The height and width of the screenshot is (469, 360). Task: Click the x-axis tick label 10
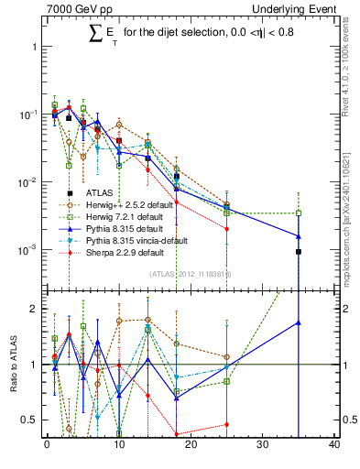tap(119, 445)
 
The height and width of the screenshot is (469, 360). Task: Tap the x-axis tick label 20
tap(191, 445)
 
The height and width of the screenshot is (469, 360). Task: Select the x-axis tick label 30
tap(262, 445)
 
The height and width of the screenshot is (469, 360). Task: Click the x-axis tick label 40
tap(333, 445)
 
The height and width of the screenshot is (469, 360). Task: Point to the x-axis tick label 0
tap(48, 445)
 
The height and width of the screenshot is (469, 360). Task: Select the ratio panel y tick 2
tap(35, 309)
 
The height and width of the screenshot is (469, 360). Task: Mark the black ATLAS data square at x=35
tap(298, 251)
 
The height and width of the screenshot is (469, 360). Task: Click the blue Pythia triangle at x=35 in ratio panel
tap(298, 322)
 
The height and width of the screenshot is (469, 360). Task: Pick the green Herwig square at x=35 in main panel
tap(298, 213)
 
